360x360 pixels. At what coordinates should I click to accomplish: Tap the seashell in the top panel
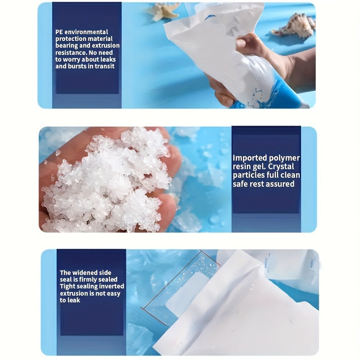coord(294,26)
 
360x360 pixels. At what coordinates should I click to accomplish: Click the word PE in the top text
coord(59,32)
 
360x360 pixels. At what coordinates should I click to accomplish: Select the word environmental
coord(86,32)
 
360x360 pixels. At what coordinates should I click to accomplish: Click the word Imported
coord(248,158)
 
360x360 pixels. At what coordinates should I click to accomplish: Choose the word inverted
coord(112,286)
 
